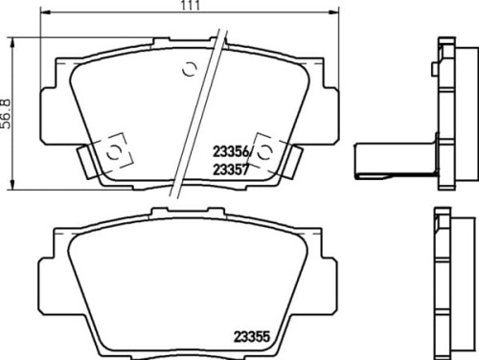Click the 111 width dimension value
191,5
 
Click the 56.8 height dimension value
6,114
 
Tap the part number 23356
231,152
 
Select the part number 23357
231,169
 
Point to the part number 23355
252,336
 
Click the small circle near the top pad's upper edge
189,69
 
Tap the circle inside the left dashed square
114,152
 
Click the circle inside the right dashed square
264,152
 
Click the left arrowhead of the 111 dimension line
45,12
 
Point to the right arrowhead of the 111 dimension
334,12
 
